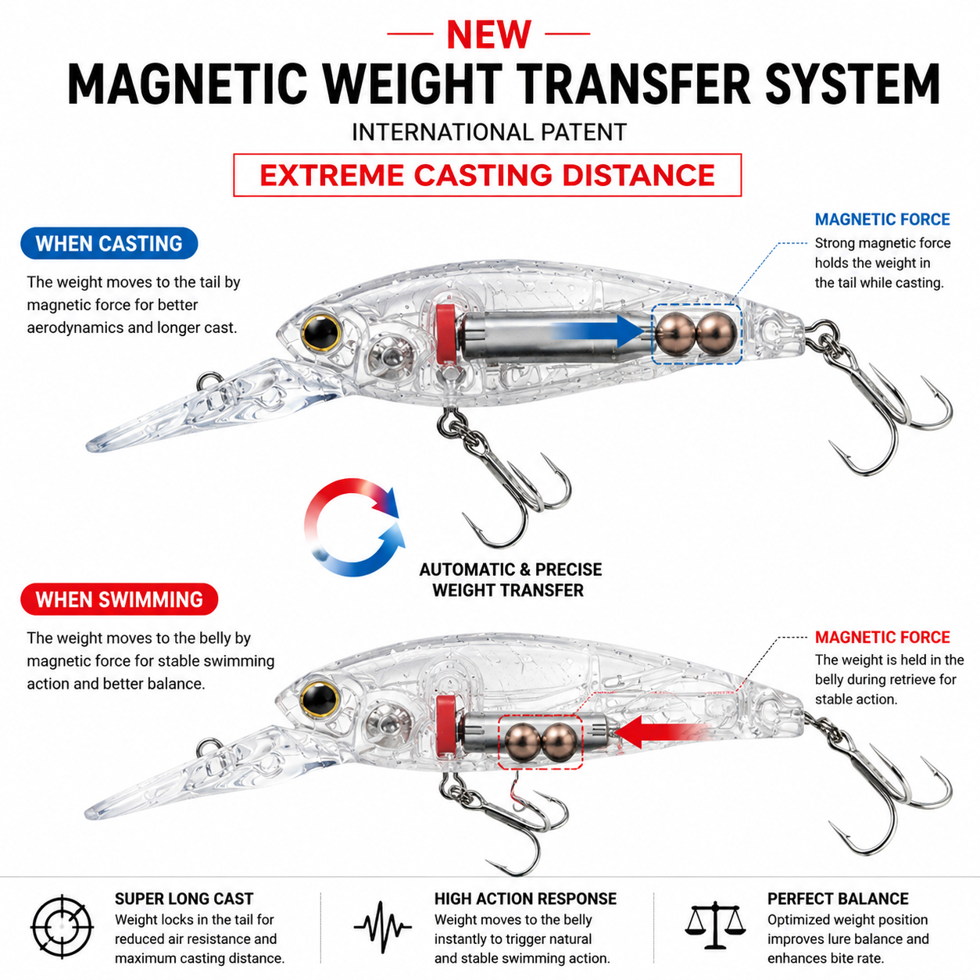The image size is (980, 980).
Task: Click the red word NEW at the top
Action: [x=488, y=34]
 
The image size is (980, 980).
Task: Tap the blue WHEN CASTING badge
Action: [x=109, y=243]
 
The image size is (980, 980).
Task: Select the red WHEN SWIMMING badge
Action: [x=119, y=599]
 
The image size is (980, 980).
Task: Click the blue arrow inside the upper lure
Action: [x=598, y=331]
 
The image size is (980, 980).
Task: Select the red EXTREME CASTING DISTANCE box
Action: [x=487, y=175]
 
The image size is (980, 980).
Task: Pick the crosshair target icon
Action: [x=62, y=927]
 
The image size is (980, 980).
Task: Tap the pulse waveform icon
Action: [x=382, y=927]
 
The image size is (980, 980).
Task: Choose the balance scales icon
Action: [x=715, y=925]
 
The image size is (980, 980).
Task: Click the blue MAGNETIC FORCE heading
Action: [x=882, y=219]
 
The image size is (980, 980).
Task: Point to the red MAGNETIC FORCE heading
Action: [x=882, y=637]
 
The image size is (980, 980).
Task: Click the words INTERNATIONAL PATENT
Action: [x=488, y=132]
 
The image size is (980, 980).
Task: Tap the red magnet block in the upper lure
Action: [x=446, y=334]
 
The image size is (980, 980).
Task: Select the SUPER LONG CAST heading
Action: [x=184, y=900]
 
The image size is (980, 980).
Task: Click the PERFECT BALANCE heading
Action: [x=838, y=900]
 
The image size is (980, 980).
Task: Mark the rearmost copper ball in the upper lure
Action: [x=716, y=334]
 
